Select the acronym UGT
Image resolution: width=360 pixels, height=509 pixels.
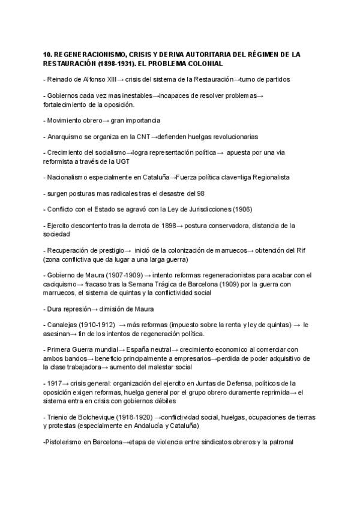[x=122, y=161]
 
